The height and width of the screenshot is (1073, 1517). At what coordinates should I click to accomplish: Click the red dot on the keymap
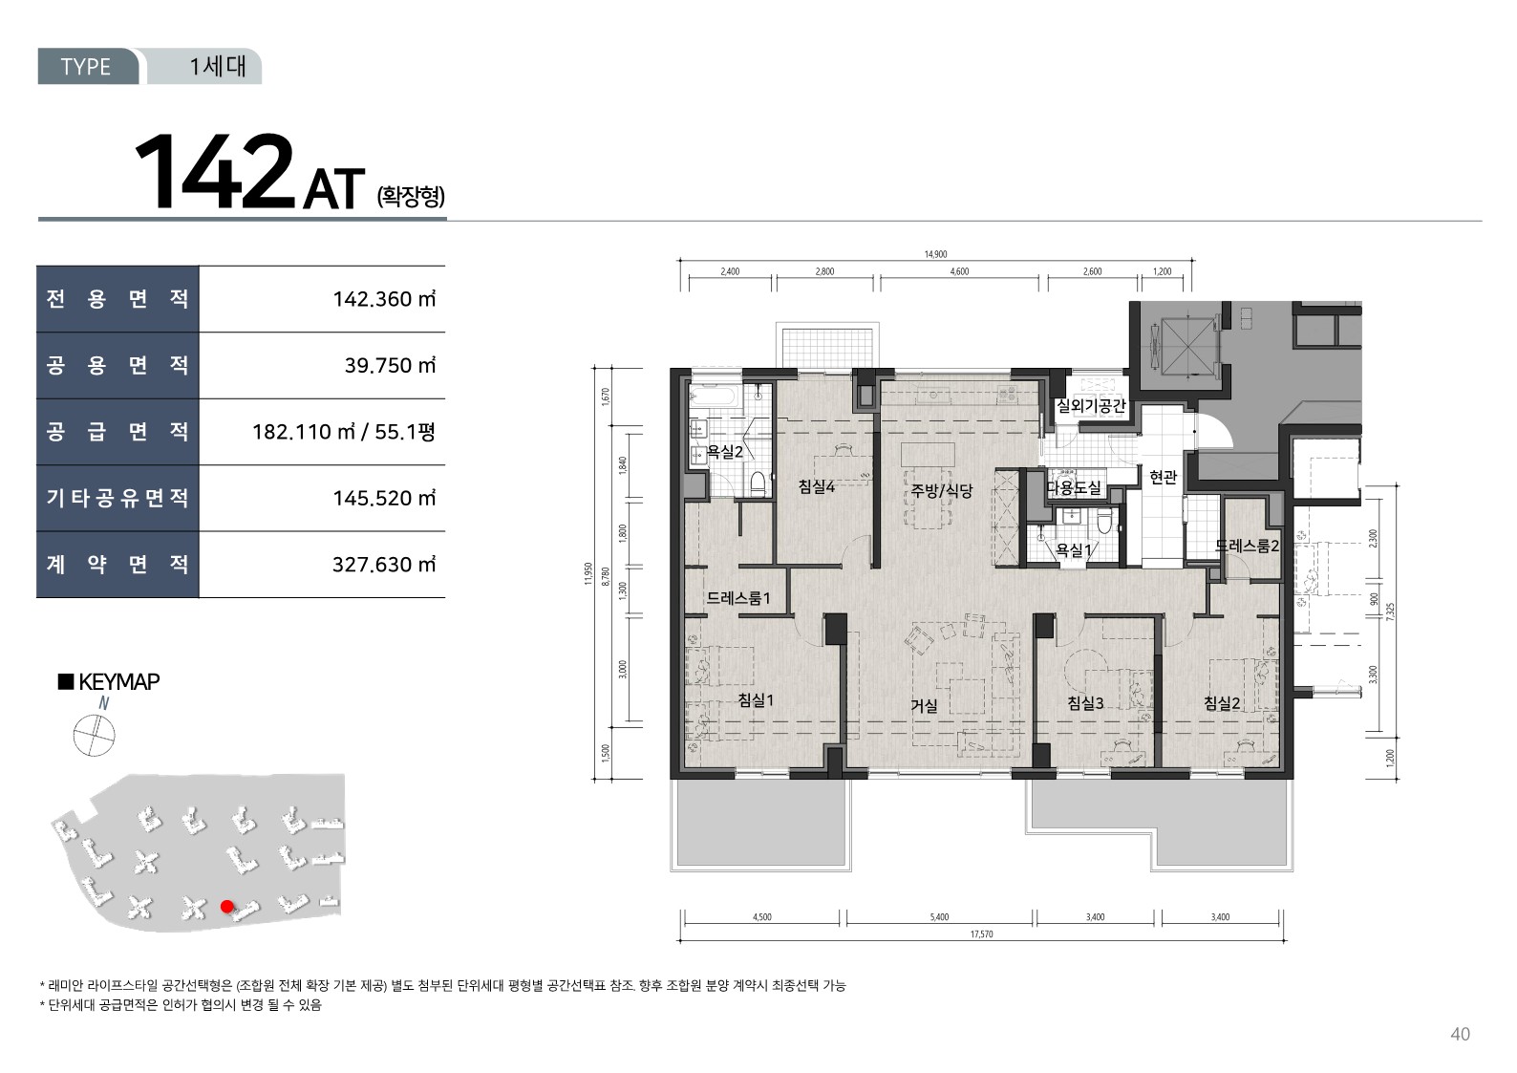click(226, 906)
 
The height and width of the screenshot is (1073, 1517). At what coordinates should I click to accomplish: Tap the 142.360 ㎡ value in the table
click(384, 299)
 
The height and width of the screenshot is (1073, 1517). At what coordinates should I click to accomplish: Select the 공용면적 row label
click(118, 365)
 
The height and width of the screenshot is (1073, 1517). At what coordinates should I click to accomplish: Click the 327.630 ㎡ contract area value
click(384, 565)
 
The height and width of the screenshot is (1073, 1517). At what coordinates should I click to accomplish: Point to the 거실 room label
click(924, 706)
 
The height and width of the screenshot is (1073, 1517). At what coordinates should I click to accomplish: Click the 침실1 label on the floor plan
click(756, 699)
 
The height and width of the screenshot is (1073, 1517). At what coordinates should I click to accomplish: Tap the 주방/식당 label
click(941, 490)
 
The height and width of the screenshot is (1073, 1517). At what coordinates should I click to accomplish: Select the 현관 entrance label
click(1164, 477)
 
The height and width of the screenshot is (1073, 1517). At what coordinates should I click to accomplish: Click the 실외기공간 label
click(1091, 405)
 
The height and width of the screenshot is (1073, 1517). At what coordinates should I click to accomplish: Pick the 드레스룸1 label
click(738, 597)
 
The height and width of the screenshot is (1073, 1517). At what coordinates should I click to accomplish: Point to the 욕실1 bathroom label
click(1074, 549)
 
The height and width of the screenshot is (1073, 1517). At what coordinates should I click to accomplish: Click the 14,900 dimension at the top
click(935, 254)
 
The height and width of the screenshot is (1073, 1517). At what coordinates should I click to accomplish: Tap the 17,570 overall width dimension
click(981, 934)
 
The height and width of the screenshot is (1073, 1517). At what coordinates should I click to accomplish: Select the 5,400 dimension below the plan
click(939, 917)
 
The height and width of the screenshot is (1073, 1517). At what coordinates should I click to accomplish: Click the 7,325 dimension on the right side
click(1390, 612)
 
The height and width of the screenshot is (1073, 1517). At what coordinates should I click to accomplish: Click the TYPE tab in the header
click(85, 66)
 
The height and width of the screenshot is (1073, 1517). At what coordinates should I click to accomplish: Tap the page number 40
click(1460, 1034)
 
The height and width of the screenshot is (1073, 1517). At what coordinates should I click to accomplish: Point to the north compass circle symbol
click(95, 735)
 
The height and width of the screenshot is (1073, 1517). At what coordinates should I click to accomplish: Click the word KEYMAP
click(119, 681)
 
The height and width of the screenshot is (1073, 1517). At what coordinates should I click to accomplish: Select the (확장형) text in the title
click(411, 197)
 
